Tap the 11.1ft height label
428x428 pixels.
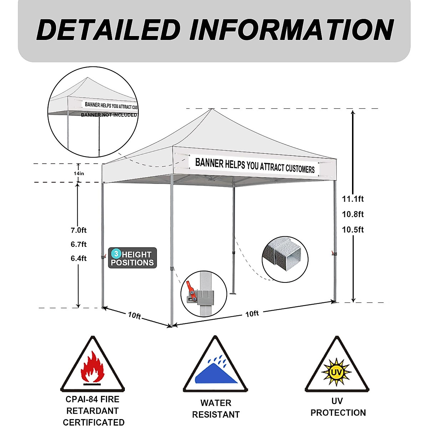tap(353, 199)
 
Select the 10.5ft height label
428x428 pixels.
tap(353, 230)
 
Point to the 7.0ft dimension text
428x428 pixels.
tap(78, 230)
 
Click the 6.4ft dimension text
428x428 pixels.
tap(78, 258)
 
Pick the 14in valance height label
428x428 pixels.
tap(79, 173)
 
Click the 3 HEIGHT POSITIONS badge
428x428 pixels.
tap(132, 258)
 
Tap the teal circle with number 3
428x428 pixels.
tap(116, 254)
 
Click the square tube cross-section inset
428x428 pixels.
tap(285, 259)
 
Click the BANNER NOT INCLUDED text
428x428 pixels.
tap(109, 115)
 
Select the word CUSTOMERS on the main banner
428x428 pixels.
tap(300, 168)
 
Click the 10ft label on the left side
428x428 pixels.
tap(134, 316)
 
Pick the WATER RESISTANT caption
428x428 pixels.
tap(216, 409)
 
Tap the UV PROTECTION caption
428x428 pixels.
tap(338, 407)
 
